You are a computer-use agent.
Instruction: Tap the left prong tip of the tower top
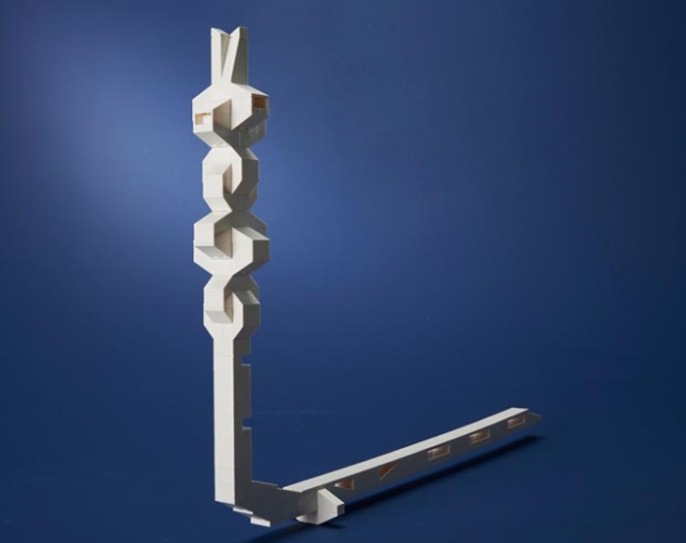(216, 31)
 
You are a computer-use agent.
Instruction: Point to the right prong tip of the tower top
(240, 30)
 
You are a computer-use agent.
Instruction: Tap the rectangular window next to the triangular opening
(437, 452)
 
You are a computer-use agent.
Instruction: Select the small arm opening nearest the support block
(343, 481)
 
